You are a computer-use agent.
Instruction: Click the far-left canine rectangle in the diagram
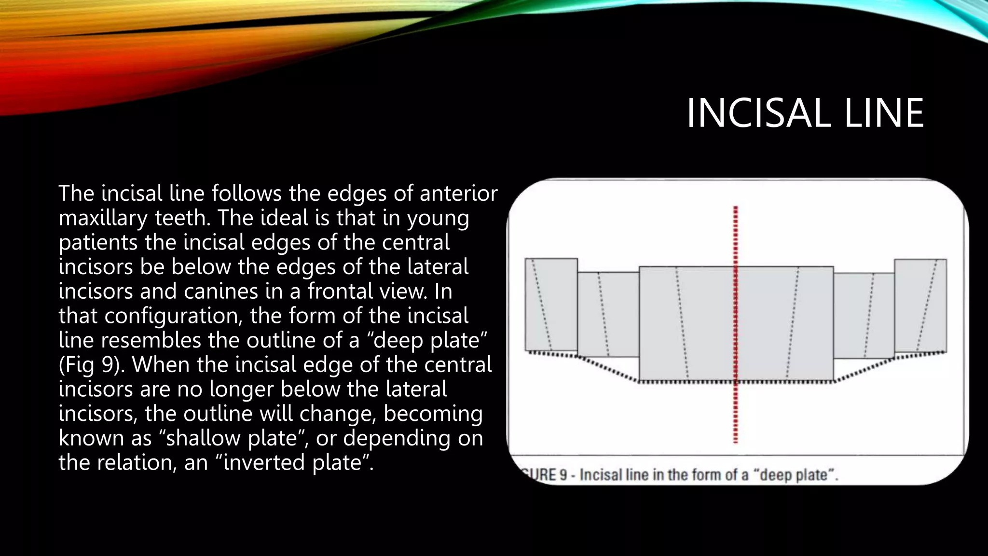coord(551,304)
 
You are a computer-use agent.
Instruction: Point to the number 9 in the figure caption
coord(563,475)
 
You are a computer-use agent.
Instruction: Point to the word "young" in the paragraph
coord(438,218)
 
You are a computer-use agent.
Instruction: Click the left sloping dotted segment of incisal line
coord(608,369)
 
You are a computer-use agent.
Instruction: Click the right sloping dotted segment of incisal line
coord(864,370)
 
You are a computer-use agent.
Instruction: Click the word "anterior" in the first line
coord(458,194)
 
